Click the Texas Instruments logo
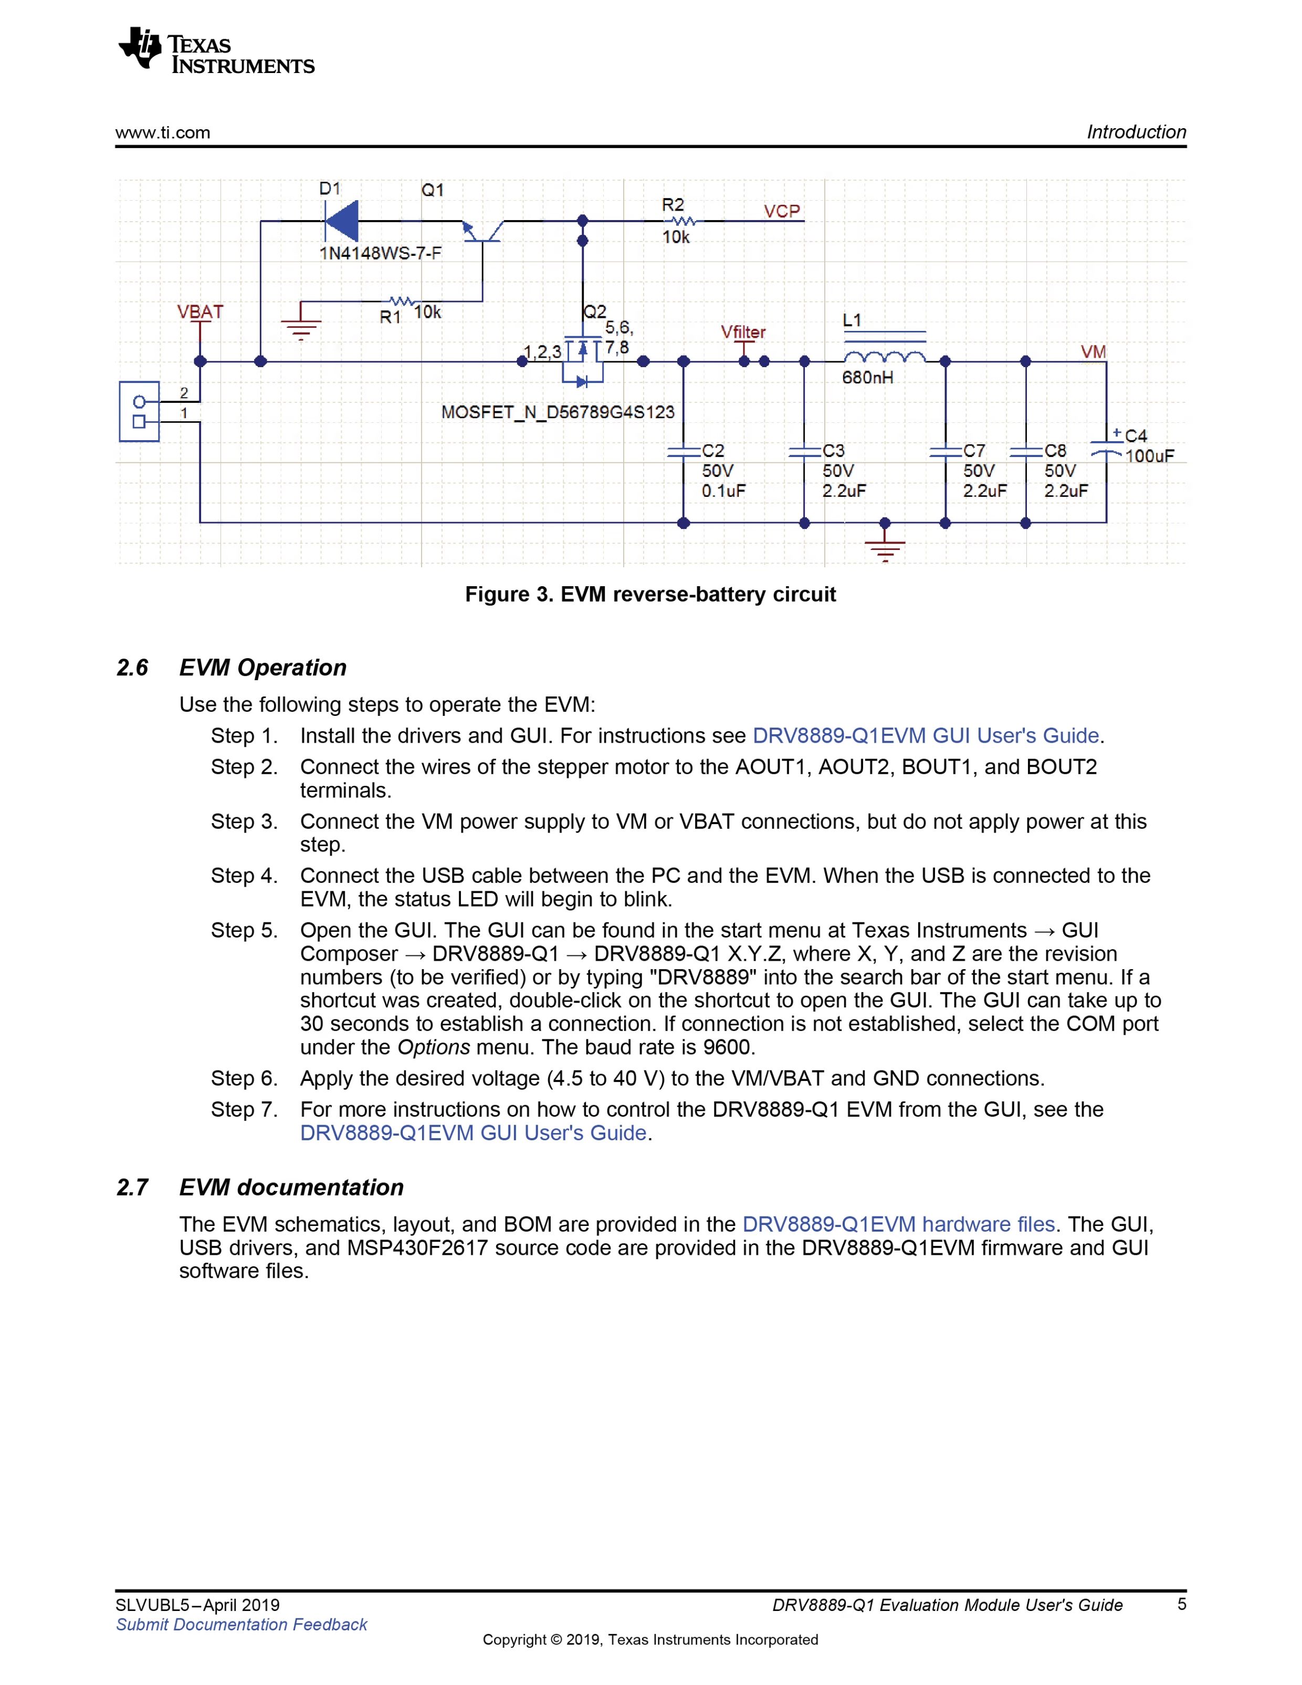point(216,51)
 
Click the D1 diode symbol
point(341,222)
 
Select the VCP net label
point(781,211)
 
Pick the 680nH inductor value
point(868,377)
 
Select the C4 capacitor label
point(1136,436)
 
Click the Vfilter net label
point(743,332)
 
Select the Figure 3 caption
point(650,594)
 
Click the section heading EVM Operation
point(262,668)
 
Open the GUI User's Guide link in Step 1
point(926,735)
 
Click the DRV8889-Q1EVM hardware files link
point(899,1224)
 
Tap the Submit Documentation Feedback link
point(241,1624)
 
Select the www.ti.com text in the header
point(163,133)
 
